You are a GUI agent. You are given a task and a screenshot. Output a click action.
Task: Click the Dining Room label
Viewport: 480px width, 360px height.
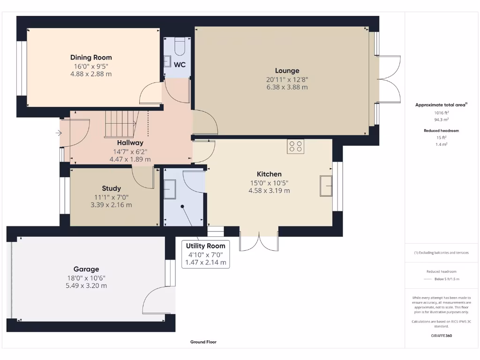[x=91, y=57]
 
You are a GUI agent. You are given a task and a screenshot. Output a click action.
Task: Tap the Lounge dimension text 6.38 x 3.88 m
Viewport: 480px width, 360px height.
[x=287, y=87]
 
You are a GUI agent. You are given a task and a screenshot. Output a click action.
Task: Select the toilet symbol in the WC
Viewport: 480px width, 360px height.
[x=180, y=46]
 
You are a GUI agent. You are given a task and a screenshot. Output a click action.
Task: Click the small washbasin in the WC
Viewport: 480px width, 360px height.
[x=167, y=61]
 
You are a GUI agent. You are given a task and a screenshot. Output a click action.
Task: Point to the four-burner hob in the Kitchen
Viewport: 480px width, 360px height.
[x=296, y=146]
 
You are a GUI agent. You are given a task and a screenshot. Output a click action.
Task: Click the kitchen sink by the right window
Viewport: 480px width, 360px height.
[x=325, y=186]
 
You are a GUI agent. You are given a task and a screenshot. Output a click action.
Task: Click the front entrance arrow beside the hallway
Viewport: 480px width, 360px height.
[x=58, y=134]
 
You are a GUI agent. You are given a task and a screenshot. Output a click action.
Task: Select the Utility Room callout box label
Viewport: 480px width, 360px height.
[x=205, y=246]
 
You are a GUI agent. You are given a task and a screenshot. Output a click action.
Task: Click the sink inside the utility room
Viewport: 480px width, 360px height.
[x=169, y=190]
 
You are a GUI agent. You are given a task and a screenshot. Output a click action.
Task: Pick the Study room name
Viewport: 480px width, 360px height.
[x=111, y=188]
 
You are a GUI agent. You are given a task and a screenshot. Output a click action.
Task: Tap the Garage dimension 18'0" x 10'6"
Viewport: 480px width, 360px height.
[x=86, y=277]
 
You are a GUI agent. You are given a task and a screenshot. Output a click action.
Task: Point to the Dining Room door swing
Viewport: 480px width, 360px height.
[x=151, y=94]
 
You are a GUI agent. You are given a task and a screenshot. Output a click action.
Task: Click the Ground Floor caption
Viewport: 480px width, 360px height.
[x=203, y=342]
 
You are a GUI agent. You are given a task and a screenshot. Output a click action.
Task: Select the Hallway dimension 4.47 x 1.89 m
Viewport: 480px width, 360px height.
[x=130, y=159]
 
